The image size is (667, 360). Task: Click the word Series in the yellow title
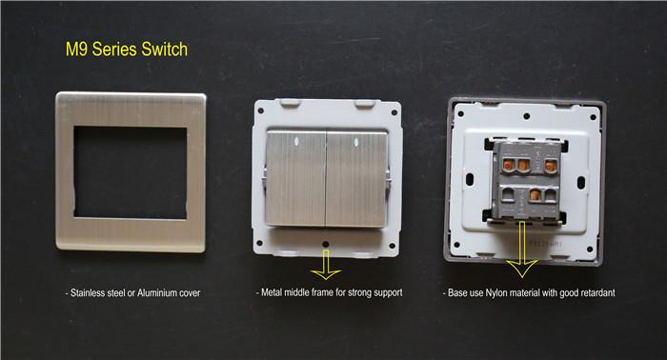(115, 50)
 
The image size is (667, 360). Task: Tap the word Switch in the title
(165, 50)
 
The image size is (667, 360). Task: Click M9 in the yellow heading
(76, 50)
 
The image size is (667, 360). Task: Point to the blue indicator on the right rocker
(354, 142)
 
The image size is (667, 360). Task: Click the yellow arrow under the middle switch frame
(326, 265)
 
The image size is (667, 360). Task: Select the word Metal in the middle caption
(272, 292)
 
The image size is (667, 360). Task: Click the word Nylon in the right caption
(496, 292)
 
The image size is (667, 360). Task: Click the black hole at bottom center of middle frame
(326, 245)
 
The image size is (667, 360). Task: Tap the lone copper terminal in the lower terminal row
(535, 195)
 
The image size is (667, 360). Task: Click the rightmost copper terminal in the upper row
(551, 166)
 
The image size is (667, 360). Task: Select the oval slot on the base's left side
(469, 179)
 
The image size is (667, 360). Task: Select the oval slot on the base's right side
(581, 182)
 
